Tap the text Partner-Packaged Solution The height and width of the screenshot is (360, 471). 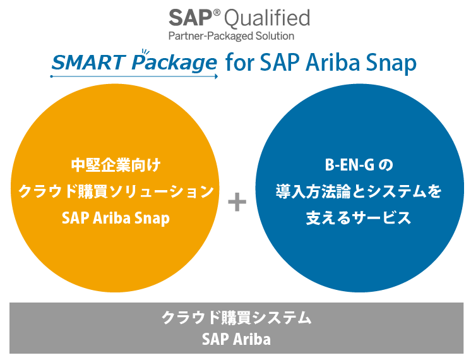[231, 36]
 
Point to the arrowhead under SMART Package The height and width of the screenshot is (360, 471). [216, 76]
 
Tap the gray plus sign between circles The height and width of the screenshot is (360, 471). [236, 203]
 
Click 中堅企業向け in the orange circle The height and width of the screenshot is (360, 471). [116, 166]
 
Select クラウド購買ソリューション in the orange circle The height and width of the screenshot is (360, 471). [116, 191]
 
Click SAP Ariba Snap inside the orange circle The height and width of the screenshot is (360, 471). [116, 217]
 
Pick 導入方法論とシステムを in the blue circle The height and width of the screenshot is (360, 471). [359, 191]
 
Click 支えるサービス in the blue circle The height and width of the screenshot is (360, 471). [359, 217]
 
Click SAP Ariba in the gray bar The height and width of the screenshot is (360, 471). [236, 339]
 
